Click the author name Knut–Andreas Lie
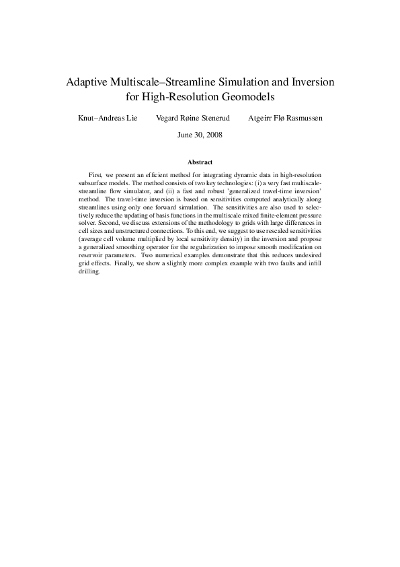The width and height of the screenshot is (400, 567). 108,118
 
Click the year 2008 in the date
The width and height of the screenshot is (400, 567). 214,135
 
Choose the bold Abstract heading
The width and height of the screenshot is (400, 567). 200,162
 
